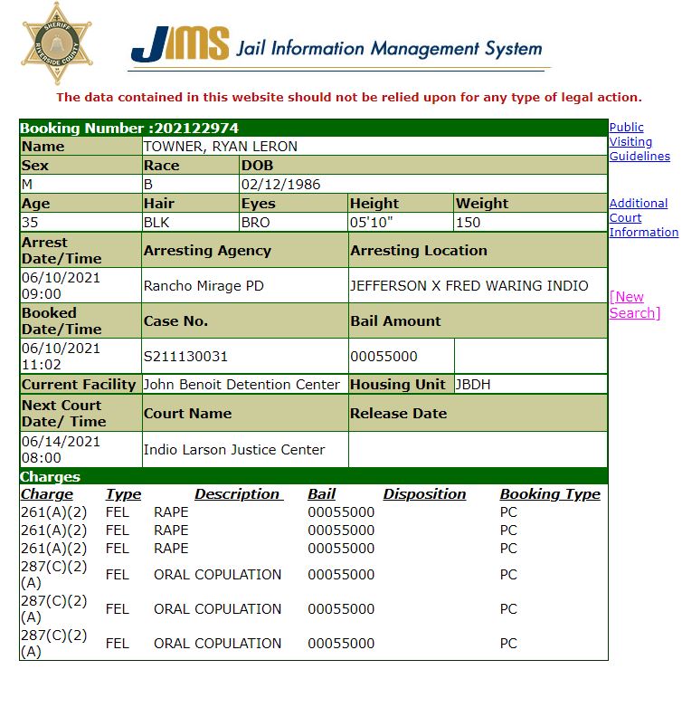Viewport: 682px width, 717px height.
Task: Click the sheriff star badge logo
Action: tap(56, 43)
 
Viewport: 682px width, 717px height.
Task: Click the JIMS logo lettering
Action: tap(180, 44)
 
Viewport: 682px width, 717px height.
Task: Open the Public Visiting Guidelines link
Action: tap(639, 141)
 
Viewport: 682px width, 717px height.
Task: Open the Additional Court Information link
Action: tap(642, 217)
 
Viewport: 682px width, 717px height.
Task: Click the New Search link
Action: tap(634, 304)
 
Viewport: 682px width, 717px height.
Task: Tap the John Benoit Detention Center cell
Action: tap(242, 384)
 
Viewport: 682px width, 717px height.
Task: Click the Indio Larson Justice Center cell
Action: tap(233, 449)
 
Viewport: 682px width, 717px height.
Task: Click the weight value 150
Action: tap(469, 222)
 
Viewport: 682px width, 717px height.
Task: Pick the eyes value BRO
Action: tap(256, 222)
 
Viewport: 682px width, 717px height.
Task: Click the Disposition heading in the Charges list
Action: tap(424, 494)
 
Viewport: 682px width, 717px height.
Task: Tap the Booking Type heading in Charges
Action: tap(550, 494)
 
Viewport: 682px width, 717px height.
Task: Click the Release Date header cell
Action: tap(399, 413)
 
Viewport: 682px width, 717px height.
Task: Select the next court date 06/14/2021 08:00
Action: tap(61, 449)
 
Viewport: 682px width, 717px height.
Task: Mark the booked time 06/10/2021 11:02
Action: tap(61, 356)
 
